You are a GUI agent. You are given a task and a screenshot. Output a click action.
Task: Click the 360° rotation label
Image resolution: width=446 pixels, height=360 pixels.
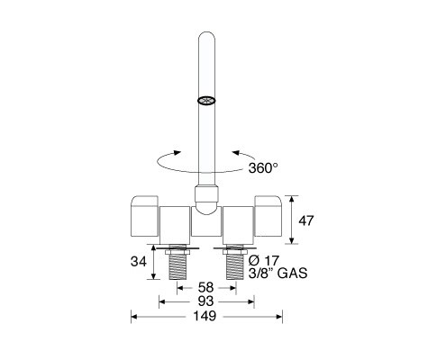[x=263, y=167]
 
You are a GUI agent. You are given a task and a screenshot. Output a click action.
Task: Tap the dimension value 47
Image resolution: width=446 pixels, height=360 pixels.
[x=305, y=220]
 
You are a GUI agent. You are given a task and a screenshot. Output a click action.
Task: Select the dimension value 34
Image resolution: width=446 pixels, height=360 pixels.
[x=138, y=262]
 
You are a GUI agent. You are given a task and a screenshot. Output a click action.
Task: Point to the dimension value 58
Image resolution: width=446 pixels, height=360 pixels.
[x=206, y=288]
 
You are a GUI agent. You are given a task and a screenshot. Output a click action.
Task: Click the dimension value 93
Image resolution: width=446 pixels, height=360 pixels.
[x=206, y=301]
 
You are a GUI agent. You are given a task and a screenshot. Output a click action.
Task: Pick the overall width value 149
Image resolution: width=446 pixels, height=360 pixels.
[x=205, y=316]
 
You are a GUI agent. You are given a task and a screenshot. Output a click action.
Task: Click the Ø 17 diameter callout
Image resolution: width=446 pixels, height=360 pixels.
[x=264, y=260]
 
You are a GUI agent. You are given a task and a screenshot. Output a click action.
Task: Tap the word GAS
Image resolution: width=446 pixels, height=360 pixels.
[x=292, y=274]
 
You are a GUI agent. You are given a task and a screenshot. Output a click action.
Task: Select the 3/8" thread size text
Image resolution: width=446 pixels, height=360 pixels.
[x=260, y=274]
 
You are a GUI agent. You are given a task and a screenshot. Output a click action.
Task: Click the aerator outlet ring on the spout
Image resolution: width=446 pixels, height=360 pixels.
[x=206, y=101]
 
